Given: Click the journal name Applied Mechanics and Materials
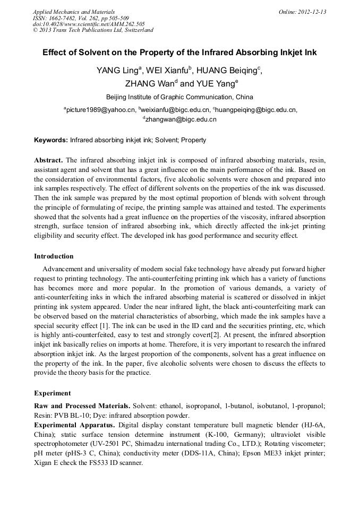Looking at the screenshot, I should [x=74, y=12].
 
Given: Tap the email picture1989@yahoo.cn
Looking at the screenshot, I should [x=100, y=110].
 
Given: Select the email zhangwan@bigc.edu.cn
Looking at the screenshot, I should [x=181, y=119].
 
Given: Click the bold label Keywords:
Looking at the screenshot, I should [x=51, y=140].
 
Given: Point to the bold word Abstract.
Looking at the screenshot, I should [x=48, y=160].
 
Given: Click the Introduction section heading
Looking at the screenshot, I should [x=54, y=256].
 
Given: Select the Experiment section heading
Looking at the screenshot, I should [x=52, y=393].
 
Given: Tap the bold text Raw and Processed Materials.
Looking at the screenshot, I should [x=82, y=406].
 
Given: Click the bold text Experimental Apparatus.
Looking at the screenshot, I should [x=74, y=425].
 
